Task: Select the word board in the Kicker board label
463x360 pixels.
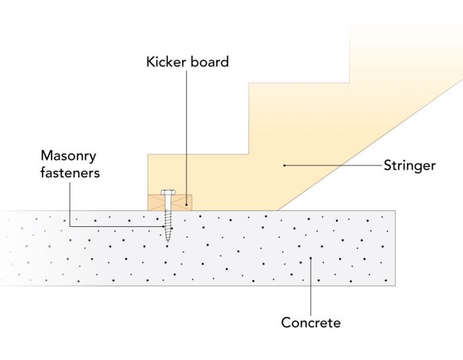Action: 210,62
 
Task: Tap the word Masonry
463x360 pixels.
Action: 69,156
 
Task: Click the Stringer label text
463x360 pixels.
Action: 409,165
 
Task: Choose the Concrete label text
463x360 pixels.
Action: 311,323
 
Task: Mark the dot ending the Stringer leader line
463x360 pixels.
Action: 284,165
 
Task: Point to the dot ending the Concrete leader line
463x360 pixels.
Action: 311,259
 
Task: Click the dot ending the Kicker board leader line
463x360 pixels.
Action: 187,204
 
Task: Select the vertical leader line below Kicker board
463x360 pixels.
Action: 187,132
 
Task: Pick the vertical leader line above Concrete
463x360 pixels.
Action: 311,285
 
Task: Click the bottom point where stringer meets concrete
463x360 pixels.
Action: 278,210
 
